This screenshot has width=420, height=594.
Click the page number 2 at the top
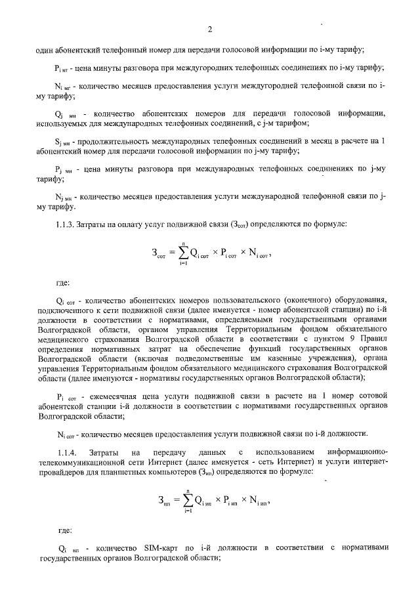tap(209, 30)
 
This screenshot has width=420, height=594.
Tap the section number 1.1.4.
tap(68, 452)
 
